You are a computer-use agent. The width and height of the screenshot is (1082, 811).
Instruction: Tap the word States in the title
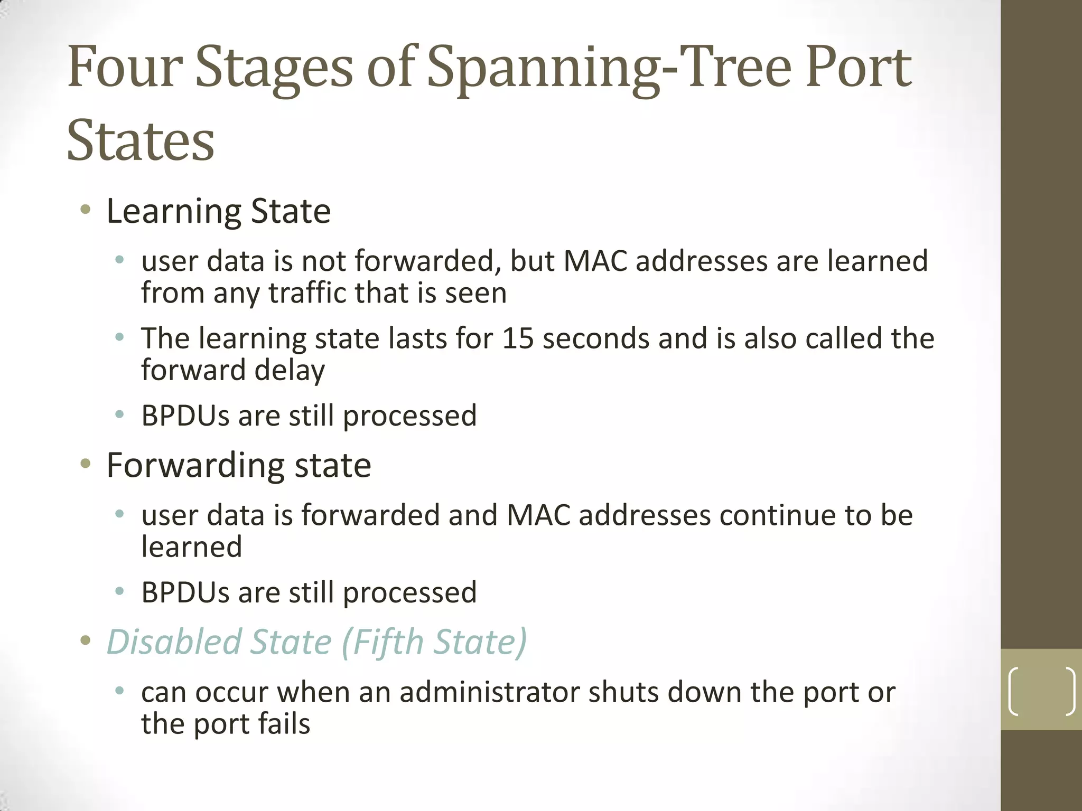pyautogui.click(x=141, y=140)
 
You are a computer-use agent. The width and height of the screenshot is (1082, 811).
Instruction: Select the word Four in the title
pyautogui.click(x=125, y=68)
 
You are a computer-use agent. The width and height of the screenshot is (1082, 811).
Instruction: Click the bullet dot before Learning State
pyautogui.click(x=85, y=210)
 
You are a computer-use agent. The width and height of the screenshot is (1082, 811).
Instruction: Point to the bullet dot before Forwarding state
pyautogui.click(x=85, y=464)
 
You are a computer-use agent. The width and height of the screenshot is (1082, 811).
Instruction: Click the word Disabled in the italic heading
pyautogui.click(x=174, y=642)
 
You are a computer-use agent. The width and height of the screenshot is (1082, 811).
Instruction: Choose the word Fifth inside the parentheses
pyautogui.click(x=389, y=642)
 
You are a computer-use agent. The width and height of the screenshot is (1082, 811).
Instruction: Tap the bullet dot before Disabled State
pyautogui.click(x=85, y=641)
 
